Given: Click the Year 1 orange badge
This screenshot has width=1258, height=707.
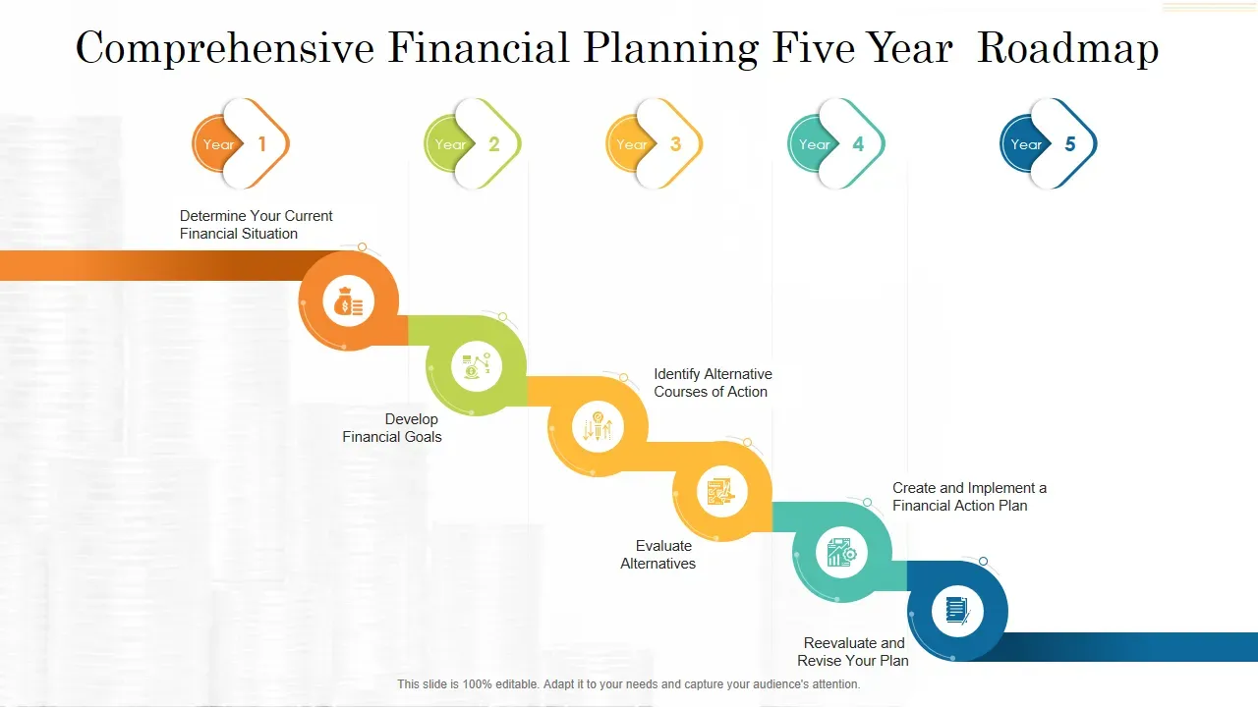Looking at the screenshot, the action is (241, 143).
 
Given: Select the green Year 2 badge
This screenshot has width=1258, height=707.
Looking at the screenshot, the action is (473, 143).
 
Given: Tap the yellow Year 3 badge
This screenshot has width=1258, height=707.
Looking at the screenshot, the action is (655, 143).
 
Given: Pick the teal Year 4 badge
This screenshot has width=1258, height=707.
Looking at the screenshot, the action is (836, 143).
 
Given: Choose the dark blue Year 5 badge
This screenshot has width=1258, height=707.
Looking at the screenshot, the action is (1048, 143).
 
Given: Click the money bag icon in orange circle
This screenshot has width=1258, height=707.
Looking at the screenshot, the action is (349, 301).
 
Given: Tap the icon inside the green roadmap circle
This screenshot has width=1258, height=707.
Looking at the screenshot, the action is (477, 366).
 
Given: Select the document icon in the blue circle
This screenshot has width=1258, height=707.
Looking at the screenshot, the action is (957, 611).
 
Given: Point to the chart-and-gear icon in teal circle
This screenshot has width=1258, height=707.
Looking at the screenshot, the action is (841, 552).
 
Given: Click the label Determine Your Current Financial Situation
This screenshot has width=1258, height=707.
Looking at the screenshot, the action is (257, 225).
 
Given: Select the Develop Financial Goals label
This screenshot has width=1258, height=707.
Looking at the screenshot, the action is (392, 427).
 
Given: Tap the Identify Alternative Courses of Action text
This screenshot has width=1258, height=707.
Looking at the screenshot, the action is (713, 383).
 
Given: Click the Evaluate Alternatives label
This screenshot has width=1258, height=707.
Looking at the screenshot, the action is (658, 555).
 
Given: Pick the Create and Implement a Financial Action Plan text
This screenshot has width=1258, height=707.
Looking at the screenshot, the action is (969, 497).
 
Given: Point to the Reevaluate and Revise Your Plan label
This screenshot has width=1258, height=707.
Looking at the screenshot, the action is (853, 651).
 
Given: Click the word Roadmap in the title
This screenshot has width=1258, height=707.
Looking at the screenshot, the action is (1068, 48).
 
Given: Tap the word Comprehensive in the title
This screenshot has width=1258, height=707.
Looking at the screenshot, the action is (225, 48).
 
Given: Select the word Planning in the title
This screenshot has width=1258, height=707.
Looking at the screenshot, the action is (671, 48).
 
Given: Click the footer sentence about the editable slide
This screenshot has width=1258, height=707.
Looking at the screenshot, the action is (629, 684).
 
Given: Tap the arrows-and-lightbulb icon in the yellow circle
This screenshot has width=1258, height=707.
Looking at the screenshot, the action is (598, 427).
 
